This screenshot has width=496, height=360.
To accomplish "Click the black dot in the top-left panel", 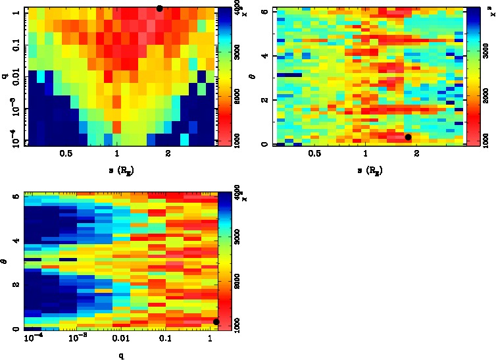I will click(159, 9).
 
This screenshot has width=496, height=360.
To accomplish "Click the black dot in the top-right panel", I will click(408, 137).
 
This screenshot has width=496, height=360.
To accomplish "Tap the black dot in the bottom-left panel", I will click(216, 321).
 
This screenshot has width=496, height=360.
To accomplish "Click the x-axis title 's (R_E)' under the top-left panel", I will click(119, 169).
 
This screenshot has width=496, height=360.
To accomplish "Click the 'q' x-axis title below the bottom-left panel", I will click(121, 356).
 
